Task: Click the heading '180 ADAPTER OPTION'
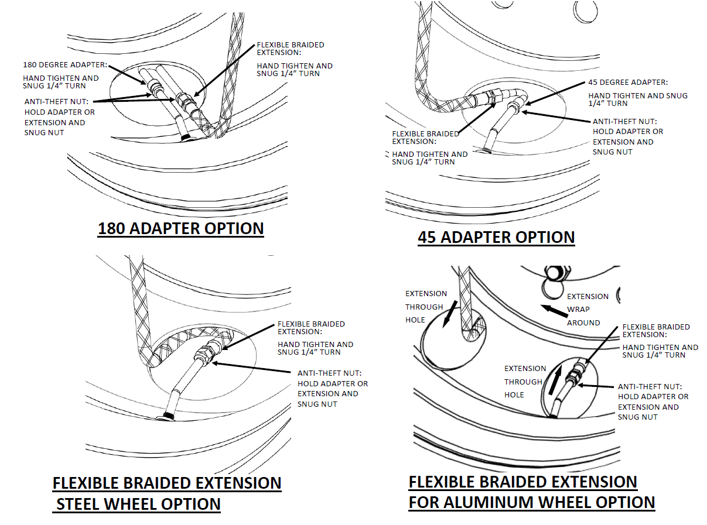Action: [180, 228]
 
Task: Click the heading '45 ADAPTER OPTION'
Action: [496, 237]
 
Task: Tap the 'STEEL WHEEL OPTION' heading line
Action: [138, 504]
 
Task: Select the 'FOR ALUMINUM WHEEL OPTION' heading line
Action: [532, 502]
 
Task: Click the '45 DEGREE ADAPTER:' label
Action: [628, 83]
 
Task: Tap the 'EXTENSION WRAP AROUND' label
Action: [587, 309]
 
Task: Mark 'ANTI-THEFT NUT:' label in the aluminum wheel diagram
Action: [650, 386]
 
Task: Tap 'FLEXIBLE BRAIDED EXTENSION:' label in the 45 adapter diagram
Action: [425, 138]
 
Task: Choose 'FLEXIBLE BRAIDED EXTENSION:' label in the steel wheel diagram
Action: [311, 328]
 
